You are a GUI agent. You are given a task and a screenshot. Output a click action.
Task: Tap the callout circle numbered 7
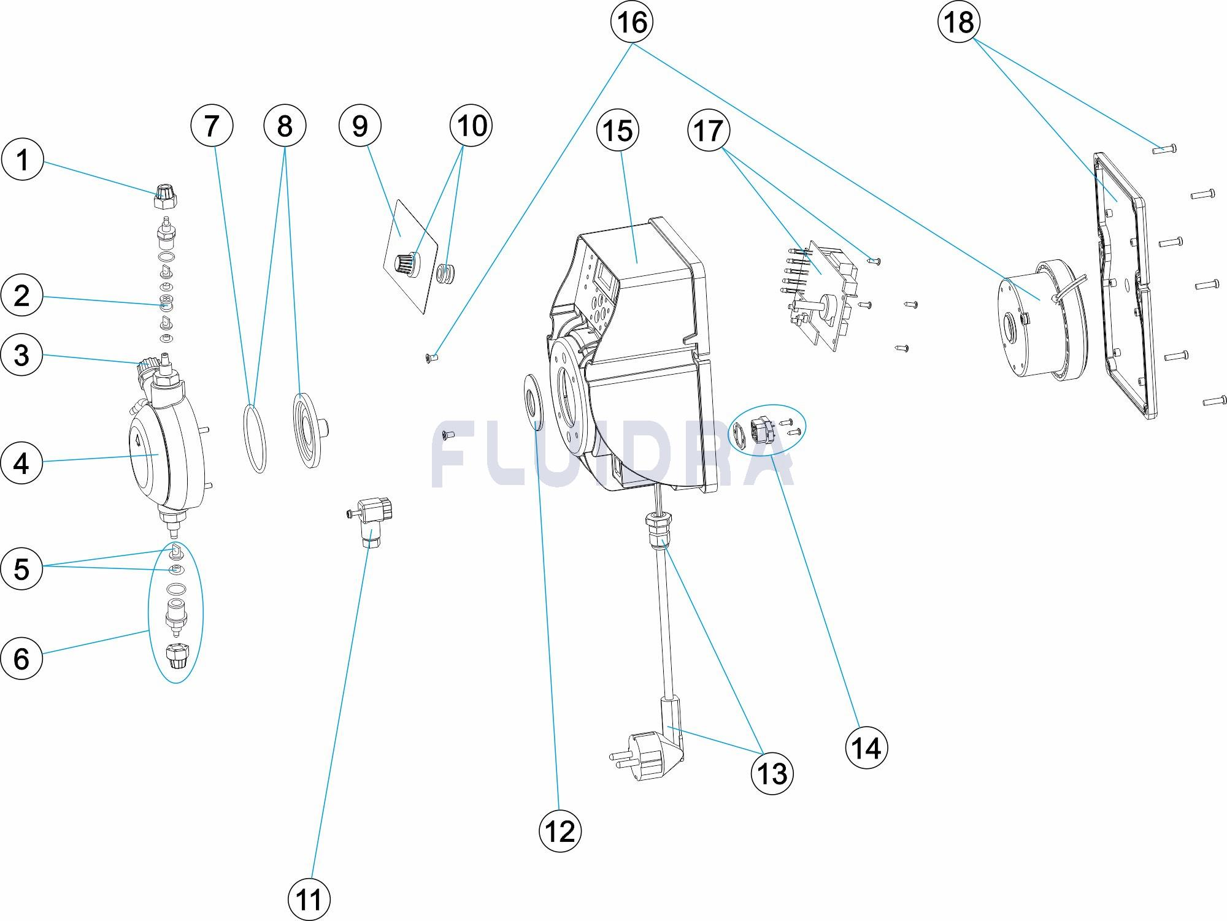tap(212, 126)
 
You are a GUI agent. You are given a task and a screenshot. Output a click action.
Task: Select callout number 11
tap(309, 900)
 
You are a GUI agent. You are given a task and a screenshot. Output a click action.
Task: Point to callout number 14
tap(866, 748)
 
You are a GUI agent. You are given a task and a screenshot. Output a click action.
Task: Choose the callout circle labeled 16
tap(632, 22)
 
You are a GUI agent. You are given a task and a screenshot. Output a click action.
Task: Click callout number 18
tap(959, 22)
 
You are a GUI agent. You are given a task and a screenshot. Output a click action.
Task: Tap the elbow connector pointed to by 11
tap(372, 518)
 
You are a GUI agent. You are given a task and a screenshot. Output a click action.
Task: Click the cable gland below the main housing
tap(657, 531)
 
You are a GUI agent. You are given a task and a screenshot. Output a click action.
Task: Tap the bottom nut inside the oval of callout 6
tap(175, 658)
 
